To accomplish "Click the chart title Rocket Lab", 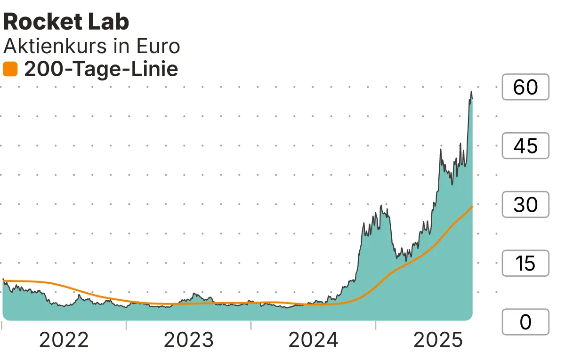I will tap(66, 22).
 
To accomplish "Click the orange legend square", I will tap(10, 70).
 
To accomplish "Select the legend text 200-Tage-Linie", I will tap(101, 70).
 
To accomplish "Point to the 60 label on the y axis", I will tap(525, 87).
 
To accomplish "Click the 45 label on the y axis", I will tap(525, 146).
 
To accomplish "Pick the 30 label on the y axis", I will tap(525, 205).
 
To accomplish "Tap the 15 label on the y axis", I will tap(525, 264).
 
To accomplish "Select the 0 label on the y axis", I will tap(525, 322).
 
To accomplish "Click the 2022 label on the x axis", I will tap(64, 340).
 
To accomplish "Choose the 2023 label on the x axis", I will tap(189, 340).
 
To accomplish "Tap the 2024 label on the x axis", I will tap(313, 340).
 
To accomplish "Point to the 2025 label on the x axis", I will tap(438, 340).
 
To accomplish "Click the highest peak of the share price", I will tap(471, 92).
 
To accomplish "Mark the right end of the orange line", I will tap(472, 206).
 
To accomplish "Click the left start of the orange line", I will tap(3, 280).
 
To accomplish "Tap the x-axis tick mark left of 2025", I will tap(376, 325).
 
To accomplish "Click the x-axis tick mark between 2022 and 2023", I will tap(127, 325).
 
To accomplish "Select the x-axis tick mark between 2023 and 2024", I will tap(251, 325).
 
